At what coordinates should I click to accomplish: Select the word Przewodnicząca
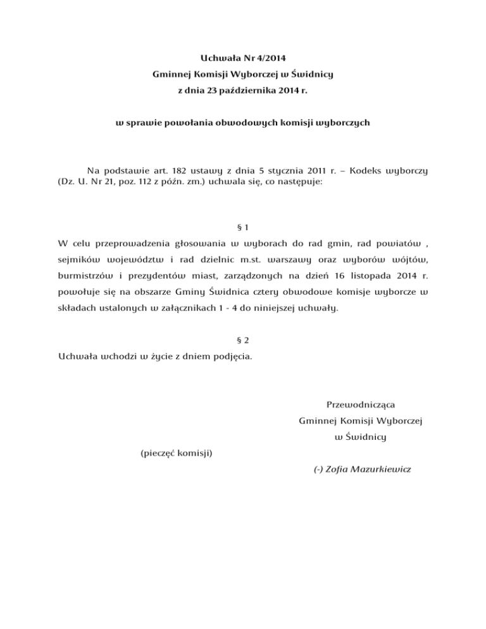pos(361,403)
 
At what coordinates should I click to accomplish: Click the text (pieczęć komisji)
pos(175,453)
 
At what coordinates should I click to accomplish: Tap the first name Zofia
pos(337,470)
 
